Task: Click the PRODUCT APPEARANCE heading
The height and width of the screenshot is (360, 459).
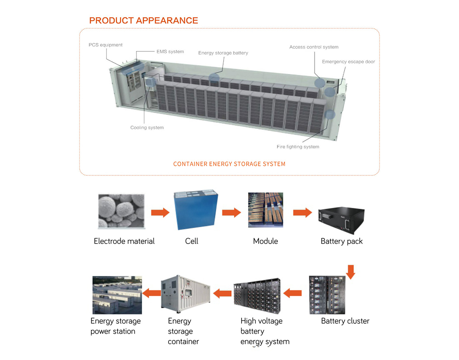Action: coord(144,20)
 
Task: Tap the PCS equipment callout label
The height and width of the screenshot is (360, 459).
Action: coord(106,45)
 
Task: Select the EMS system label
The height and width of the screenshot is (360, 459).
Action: coord(170,52)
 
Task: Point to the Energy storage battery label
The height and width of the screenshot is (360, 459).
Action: coord(223,53)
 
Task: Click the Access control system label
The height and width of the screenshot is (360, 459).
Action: coord(314,47)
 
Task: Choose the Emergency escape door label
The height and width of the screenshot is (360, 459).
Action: coord(348,62)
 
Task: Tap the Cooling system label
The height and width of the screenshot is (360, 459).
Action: coord(147,127)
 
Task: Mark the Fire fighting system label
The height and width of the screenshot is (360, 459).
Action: coord(298,147)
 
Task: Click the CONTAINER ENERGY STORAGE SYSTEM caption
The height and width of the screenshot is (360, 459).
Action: coord(229,164)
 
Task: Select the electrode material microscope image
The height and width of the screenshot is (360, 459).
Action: coord(121,211)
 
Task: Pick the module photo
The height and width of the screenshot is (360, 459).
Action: coord(265,210)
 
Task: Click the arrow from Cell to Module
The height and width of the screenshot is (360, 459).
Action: coord(231,213)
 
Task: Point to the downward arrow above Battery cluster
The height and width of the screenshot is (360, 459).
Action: coord(351,271)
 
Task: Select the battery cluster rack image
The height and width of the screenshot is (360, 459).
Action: coord(327,295)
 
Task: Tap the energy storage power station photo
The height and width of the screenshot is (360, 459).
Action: coord(117,295)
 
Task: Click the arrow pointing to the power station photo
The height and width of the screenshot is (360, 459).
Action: coord(151,294)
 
